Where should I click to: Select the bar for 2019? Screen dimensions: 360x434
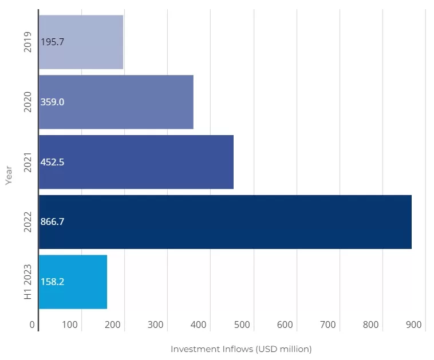81,42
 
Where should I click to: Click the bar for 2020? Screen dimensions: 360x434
116,102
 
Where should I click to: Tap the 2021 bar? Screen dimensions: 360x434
136,162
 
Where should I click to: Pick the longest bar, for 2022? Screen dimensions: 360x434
224,222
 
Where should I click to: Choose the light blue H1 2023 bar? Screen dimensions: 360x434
73,282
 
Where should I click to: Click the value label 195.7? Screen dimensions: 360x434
53,42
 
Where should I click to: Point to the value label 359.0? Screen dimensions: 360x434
53,102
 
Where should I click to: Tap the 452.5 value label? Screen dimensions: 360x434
53,162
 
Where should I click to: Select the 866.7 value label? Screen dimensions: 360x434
53,222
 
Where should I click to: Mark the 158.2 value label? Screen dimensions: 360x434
53,282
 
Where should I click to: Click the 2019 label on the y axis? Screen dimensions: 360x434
27,42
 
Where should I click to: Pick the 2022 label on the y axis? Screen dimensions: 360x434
27,222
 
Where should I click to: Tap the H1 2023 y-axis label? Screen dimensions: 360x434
27,282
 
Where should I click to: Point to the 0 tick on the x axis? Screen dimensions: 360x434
33,325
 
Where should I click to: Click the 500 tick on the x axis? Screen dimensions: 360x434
242,325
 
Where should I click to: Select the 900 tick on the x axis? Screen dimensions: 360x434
414,325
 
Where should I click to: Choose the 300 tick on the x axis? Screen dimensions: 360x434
156,325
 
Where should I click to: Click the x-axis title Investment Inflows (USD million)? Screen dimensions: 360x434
241,349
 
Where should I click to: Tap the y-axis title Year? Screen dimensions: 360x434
9,175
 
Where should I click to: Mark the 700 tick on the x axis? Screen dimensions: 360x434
328,325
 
